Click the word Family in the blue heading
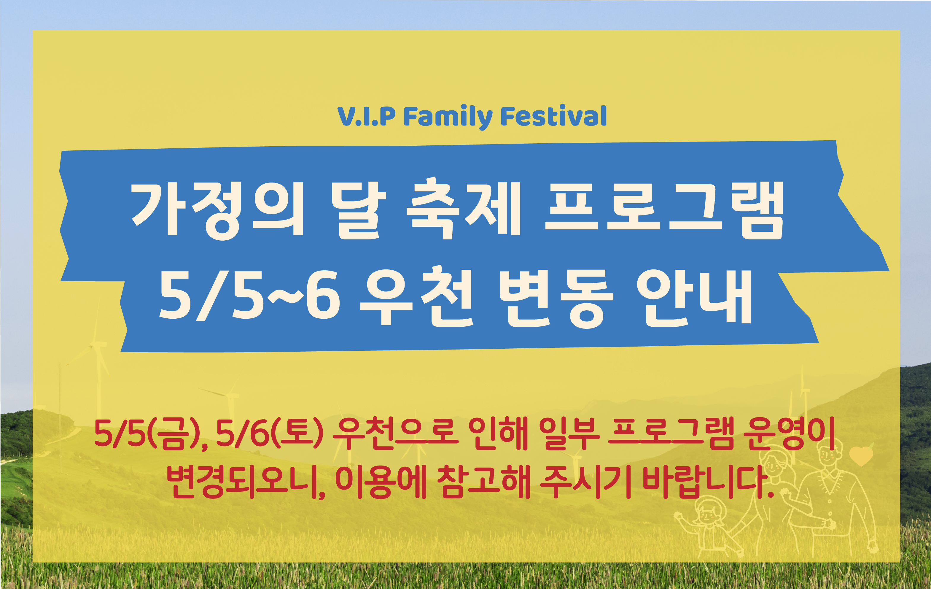[448, 116]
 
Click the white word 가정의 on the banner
[218, 209]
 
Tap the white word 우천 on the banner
[416, 296]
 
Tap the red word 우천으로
[395, 433]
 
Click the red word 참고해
[483, 482]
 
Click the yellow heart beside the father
[861, 456]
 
